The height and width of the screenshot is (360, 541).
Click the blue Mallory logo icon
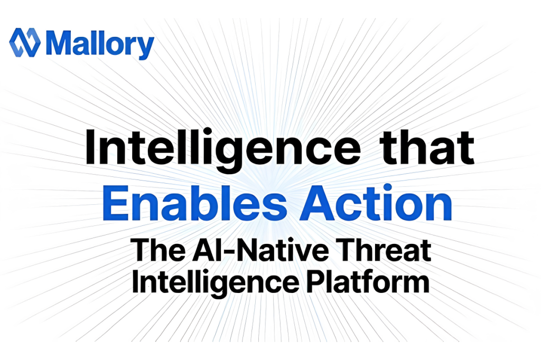coord(25,43)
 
